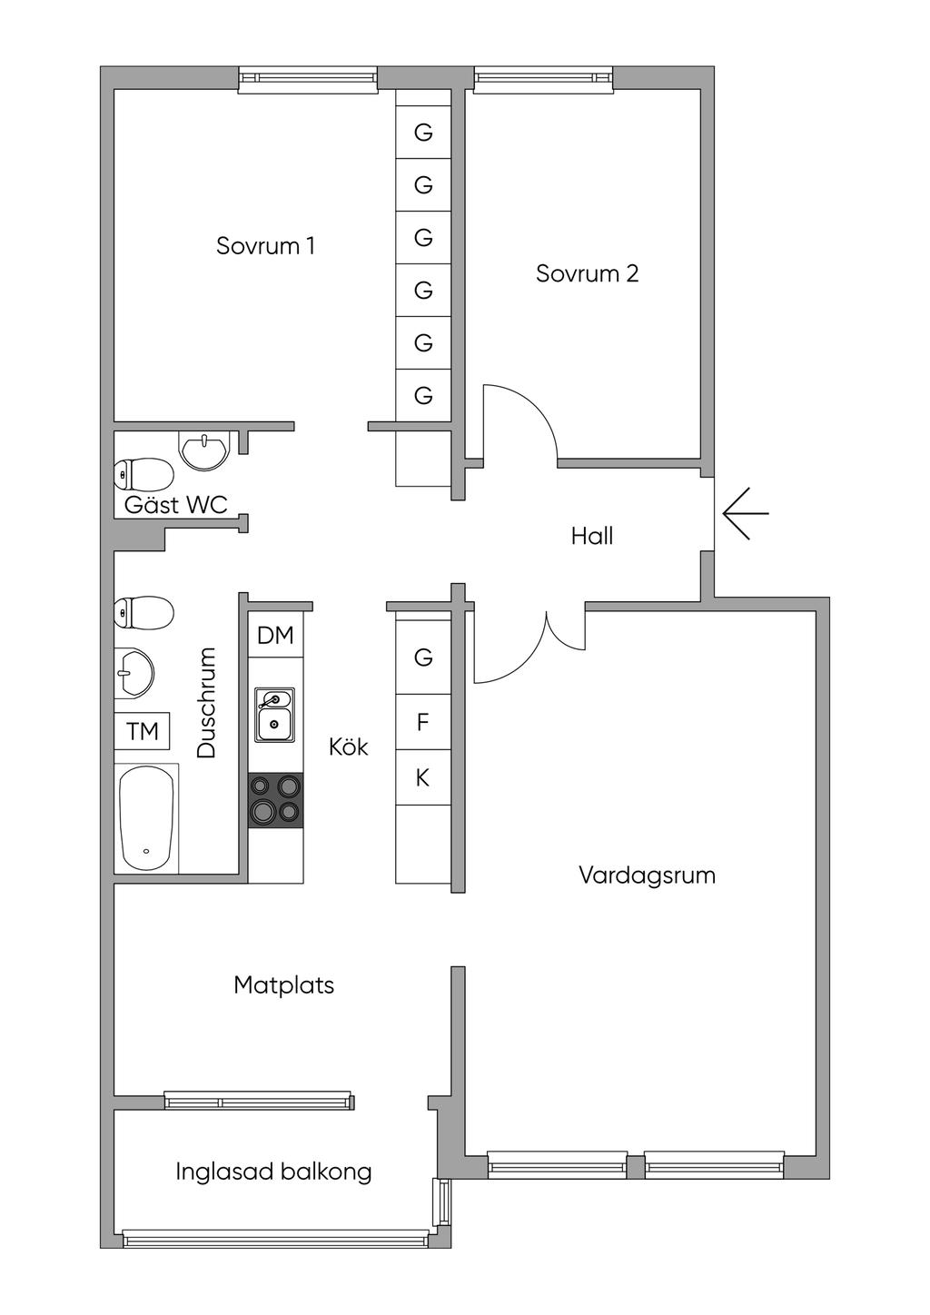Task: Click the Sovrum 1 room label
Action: click(265, 246)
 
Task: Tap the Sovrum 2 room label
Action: click(587, 273)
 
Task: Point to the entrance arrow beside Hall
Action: click(746, 513)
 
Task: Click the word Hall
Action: click(592, 536)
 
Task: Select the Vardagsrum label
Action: click(647, 875)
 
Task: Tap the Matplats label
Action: click(283, 985)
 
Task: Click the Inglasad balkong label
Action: click(273, 1172)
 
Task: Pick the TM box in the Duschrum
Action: click(143, 731)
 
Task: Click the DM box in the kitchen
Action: click(275, 636)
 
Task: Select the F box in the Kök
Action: click(422, 723)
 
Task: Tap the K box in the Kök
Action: click(422, 777)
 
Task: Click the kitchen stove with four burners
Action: click(276, 800)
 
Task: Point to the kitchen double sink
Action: click(274, 715)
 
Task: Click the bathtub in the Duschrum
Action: click(145, 818)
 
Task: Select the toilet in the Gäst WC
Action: click(143, 473)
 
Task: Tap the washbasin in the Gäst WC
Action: click(205, 450)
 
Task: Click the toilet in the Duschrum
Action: click(143, 613)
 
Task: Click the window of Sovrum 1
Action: click(308, 80)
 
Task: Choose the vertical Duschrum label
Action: click(207, 702)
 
